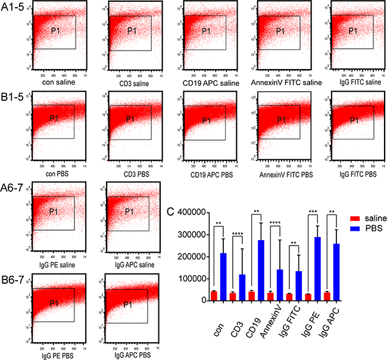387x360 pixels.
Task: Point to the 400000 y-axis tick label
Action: (x=194, y=212)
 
